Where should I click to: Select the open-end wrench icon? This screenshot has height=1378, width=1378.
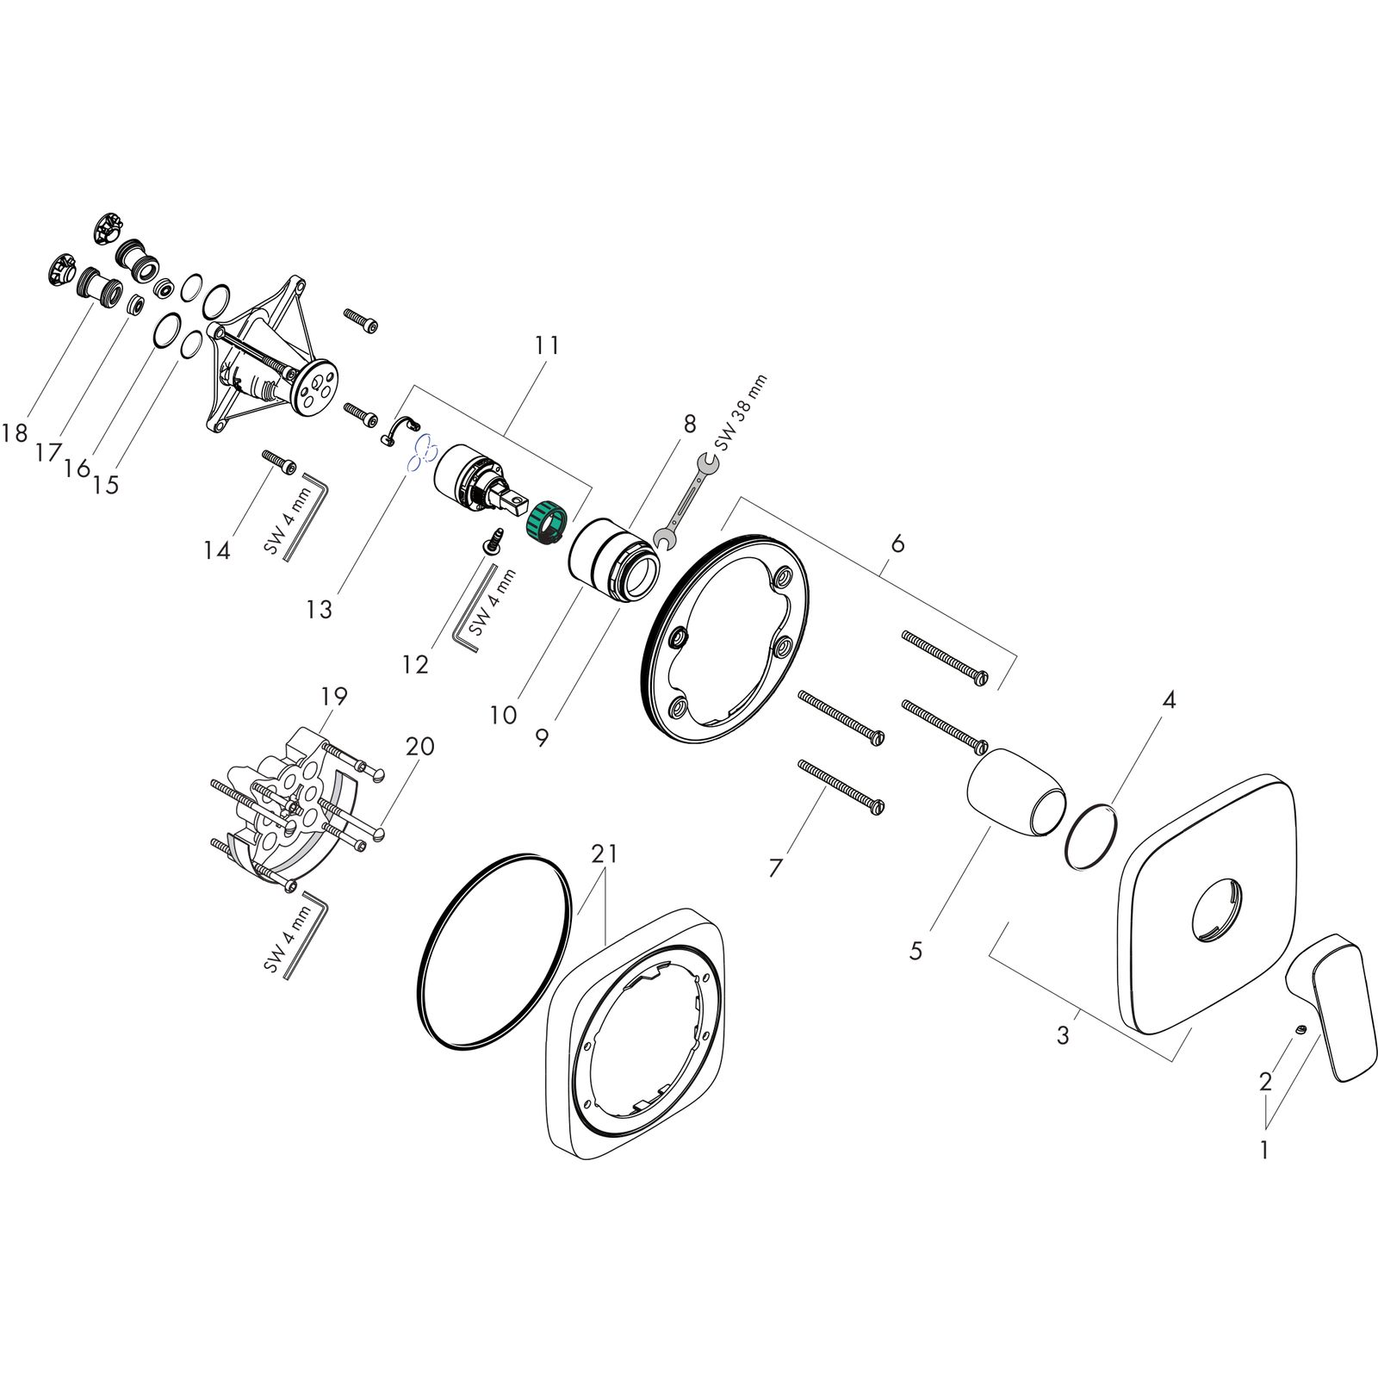(x=686, y=504)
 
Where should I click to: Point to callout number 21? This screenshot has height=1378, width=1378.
(x=605, y=853)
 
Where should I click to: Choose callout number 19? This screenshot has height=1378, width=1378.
(x=334, y=696)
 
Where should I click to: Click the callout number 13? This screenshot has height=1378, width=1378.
(x=319, y=610)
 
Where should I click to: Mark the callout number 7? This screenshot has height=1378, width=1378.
(x=775, y=868)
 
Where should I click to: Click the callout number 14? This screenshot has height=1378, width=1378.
(x=217, y=549)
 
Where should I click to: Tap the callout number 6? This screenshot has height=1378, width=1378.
(x=897, y=543)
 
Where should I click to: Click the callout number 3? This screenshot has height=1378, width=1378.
(x=1063, y=1035)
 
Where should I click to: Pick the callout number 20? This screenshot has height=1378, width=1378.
(x=419, y=746)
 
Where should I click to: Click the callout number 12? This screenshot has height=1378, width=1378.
(x=415, y=664)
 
